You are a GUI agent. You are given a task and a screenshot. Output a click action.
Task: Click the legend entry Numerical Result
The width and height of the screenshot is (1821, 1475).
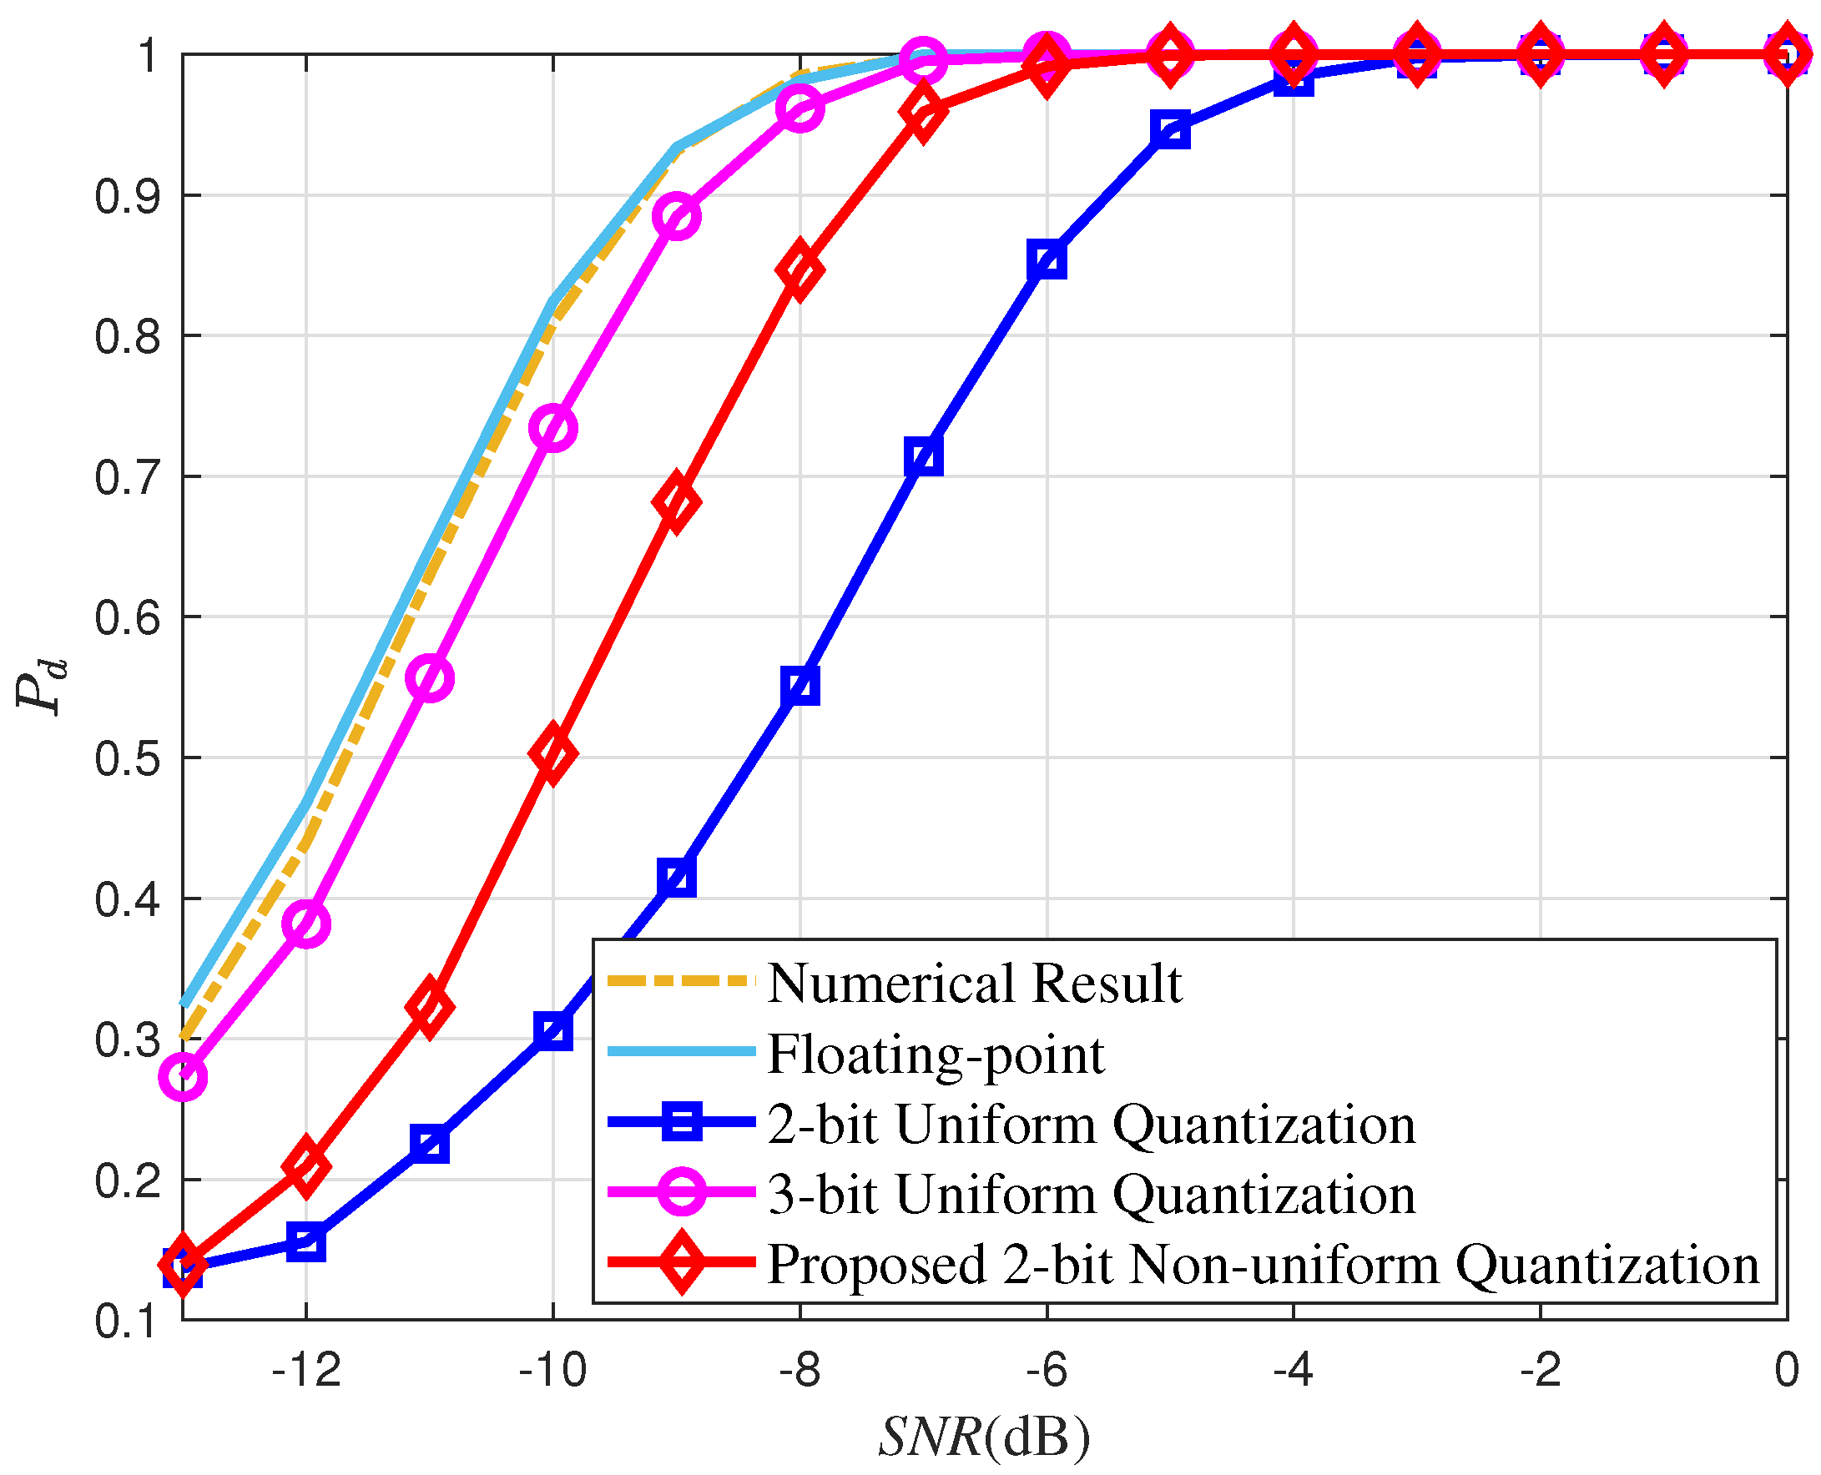(x=974, y=983)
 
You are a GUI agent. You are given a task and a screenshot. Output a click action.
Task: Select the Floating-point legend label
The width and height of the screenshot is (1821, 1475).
(x=936, y=1055)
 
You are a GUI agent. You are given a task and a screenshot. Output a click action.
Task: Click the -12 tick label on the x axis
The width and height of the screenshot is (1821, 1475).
(x=306, y=1371)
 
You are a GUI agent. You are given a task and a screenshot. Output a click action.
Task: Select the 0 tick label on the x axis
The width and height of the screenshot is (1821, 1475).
(x=1786, y=1371)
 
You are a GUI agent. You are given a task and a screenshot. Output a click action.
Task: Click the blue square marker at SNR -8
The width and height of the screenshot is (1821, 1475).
(x=800, y=687)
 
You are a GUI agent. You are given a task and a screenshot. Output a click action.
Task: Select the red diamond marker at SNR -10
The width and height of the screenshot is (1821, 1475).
(x=553, y=753)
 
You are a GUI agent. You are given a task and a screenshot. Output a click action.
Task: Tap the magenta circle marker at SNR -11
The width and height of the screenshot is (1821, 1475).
(x=430, y=678)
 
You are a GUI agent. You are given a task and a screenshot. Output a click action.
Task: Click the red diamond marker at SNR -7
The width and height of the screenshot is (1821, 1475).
(x=923, y=112)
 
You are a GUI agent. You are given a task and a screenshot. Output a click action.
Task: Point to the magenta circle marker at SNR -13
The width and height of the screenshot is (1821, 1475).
(x=183, y=1076)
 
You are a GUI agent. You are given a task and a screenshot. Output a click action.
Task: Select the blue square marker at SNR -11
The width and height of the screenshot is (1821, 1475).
(x=430, y=1144)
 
